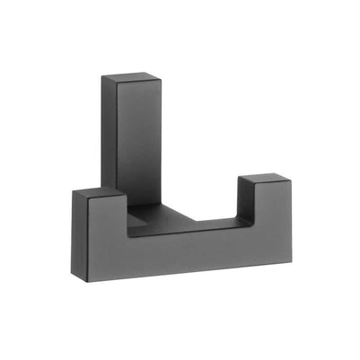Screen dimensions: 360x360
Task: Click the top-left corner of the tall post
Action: click(101, 76)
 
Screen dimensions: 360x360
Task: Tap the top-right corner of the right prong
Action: click(289, 184)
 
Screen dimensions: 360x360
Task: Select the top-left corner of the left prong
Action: click(71, 194)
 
